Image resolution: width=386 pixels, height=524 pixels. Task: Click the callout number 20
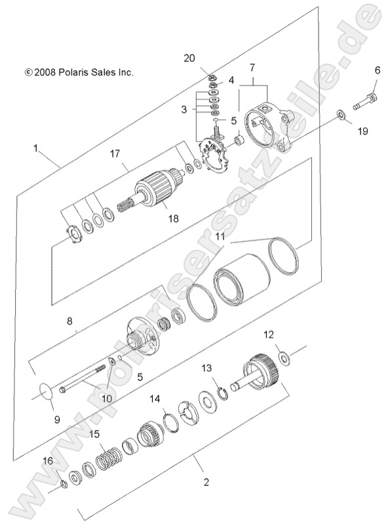coord(189,58)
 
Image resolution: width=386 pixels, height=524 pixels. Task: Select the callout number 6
coord(377,70)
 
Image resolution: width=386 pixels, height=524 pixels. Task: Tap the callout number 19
coord(362,131)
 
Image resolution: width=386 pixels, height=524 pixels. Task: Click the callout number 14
coord(155,398)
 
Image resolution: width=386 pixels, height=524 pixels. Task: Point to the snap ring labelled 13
coord(223,392)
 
